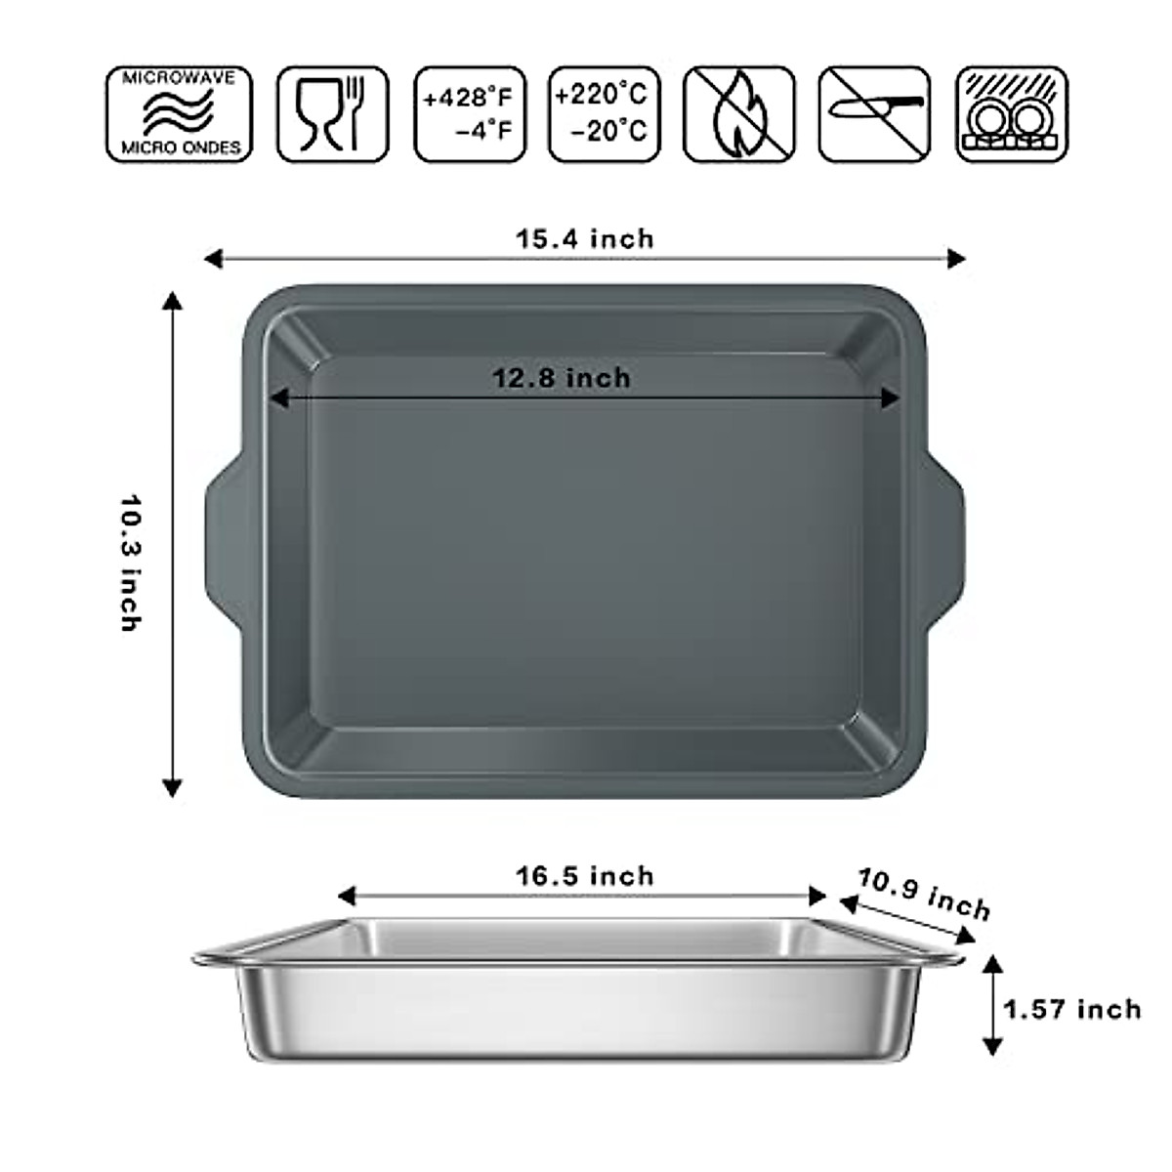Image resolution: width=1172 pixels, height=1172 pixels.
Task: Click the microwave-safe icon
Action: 179,114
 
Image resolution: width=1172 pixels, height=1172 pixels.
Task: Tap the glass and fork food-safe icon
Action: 332,114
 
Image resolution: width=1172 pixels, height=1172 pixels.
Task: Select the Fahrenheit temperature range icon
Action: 470,114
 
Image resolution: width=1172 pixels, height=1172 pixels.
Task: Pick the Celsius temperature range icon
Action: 604,114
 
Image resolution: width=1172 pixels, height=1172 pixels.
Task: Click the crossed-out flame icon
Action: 738,114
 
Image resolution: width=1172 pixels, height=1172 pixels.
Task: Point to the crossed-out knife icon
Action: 873,114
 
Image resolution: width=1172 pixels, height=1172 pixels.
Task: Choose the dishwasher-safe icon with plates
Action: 1011,114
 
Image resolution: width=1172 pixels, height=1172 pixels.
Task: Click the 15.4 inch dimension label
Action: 585,239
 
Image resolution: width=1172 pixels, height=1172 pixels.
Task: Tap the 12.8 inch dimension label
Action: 562,378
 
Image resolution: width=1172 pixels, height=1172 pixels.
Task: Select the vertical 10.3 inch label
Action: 131,562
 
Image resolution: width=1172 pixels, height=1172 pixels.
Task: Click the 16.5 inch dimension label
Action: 585,876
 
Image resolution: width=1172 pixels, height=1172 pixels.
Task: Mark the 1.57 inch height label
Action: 1072,1009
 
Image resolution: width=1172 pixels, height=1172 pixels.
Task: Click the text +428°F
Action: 469,98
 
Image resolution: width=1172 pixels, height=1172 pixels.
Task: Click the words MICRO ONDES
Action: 179,148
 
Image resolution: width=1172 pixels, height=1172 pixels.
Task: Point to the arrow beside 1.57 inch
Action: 992,1006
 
